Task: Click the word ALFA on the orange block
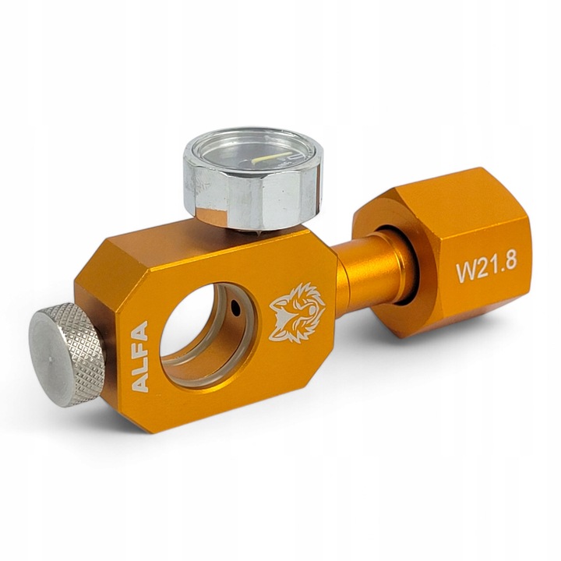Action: tap(139, 356)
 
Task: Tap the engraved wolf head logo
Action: tap(297, 312)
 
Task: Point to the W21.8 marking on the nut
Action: tap(486, 270)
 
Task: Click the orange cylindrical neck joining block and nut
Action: tap(366, 270)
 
